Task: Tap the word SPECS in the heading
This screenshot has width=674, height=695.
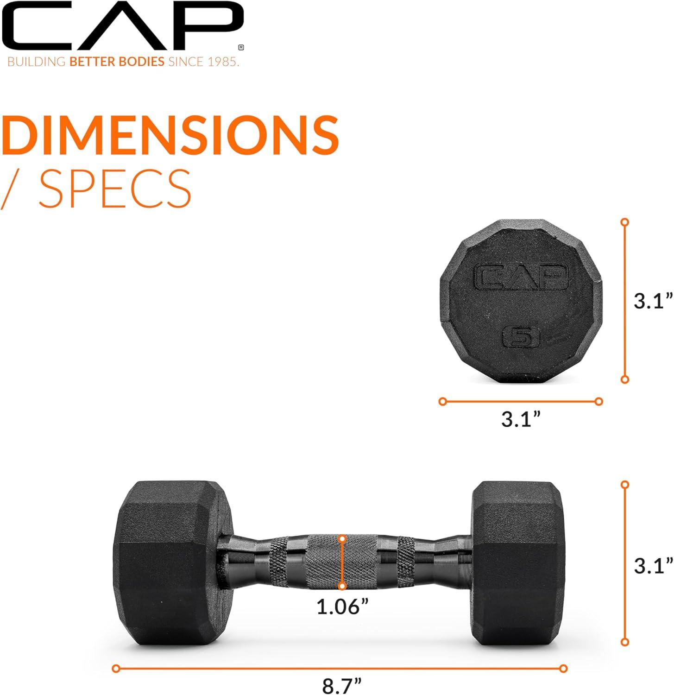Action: (115, 189)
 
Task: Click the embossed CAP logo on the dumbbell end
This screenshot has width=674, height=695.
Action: (521, 277)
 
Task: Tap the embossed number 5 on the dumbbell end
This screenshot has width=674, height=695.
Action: (522, 337)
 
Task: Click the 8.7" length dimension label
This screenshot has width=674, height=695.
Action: (341, 686)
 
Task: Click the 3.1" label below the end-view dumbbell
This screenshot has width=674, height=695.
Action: (521, 420)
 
